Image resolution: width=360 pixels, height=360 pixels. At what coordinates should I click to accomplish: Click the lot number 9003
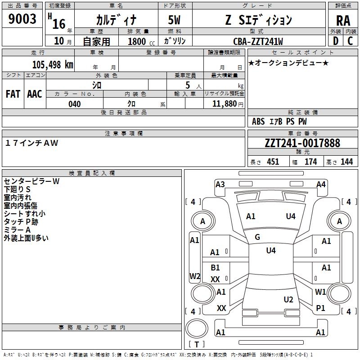22,19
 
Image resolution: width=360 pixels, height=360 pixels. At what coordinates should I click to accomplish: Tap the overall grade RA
343,20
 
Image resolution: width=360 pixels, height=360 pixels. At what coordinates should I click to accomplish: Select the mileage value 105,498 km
53,64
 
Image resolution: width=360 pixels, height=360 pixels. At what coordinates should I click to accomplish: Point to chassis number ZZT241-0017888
302,143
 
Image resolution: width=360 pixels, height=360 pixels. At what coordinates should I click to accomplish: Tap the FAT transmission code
13,94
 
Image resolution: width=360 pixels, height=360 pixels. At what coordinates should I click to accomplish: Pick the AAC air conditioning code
35,94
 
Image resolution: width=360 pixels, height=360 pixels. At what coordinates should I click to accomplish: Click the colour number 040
74,104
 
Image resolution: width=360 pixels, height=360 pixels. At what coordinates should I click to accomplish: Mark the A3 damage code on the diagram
220,184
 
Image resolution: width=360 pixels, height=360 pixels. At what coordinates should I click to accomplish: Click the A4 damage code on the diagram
321,184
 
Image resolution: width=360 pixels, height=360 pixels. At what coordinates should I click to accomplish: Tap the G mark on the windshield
257,237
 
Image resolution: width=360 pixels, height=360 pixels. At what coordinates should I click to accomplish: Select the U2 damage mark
288,300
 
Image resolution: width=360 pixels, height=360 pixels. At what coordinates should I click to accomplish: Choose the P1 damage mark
320,308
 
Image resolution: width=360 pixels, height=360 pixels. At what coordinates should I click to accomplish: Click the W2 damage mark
194,276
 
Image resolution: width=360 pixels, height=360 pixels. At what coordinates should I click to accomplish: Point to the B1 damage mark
216,268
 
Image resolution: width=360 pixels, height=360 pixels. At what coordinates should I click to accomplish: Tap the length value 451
273,162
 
